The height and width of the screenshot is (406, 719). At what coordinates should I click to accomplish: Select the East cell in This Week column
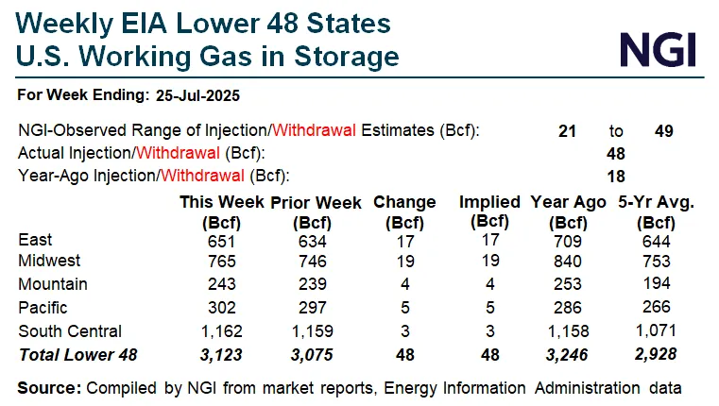point(219,241)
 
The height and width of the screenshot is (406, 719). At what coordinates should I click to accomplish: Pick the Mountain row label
point(53,283)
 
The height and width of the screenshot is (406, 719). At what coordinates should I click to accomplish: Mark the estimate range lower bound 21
point(567,131)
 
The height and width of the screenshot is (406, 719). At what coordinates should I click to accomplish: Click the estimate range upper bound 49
point(663,131)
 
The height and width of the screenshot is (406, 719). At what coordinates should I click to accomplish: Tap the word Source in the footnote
point(48,387)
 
